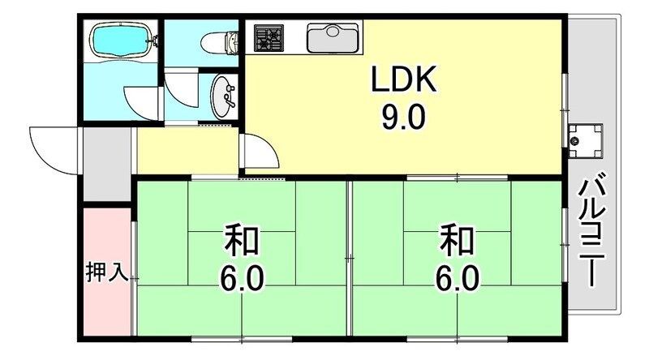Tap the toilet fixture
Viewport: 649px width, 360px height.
coord(218,41)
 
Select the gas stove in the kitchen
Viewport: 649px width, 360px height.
coord(269,37)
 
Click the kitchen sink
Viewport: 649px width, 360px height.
coord(333,37)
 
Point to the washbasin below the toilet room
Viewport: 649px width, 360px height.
coord(222,96)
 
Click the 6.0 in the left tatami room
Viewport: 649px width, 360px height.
coord(242,280)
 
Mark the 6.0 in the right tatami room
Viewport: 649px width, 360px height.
coord(457,280)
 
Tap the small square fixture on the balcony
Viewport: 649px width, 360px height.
coord(584,139)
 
